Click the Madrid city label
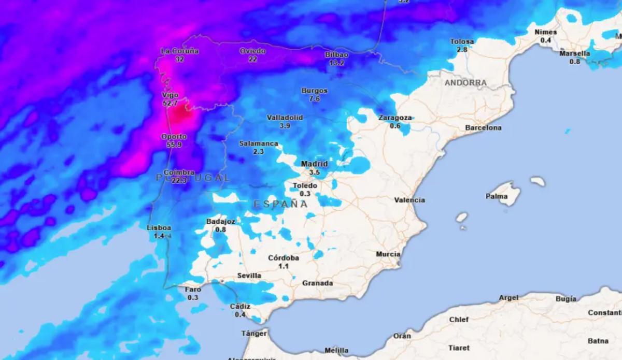(314, 164)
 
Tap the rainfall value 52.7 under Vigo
(170, 104)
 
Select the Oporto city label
(174, 137)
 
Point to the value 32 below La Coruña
(180, 59)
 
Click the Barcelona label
(483, 127)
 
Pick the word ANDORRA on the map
(465, 83)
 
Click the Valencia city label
(409, 200)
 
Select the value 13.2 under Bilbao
(336, 63)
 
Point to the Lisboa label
(159, 228)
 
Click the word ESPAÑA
(280, 204)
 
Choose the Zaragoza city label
(395, 118)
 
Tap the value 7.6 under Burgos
(315, 98)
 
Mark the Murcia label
(388, 254)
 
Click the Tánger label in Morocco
(254, 334)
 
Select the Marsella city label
(575, 53)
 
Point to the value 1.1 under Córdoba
(284, 266)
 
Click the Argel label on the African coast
(508, 298)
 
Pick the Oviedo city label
(252, 51)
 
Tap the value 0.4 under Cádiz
(240, 314)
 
